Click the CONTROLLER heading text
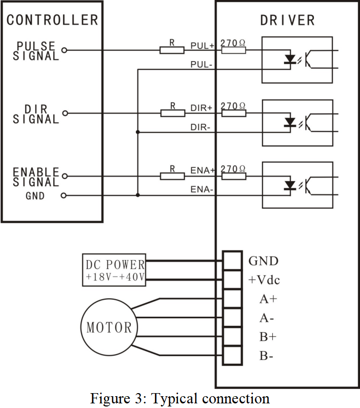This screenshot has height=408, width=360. click(52, 20)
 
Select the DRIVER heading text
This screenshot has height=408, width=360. click(287, 21)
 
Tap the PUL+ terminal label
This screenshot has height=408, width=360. click(202, 46)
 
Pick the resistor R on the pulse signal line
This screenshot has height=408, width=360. click(172, 50)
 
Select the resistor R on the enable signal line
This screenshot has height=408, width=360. click(172, 176)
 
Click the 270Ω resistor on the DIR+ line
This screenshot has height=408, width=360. click(233, 113)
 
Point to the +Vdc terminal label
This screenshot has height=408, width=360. click(264, 280)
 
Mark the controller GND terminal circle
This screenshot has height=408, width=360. click(64, 196)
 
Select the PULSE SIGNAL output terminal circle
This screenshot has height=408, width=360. click(64, 50)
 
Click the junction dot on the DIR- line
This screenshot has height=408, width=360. click(137, 132)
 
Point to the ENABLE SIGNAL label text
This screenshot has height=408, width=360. click(36, 177)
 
